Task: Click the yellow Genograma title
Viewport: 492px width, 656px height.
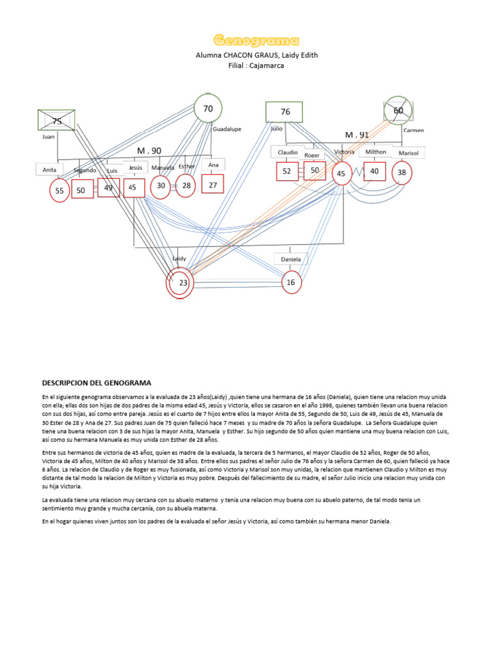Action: [x=256, y=41]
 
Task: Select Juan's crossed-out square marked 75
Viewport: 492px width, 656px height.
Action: [x=56, y=121]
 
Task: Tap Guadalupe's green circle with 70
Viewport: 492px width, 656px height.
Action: [x=208, y=110]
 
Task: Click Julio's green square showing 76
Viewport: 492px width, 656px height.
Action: [x=284, y=111]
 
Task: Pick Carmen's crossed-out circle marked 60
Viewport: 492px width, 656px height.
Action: [x=398, y=111]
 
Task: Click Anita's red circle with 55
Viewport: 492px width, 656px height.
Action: [x=60, y=190]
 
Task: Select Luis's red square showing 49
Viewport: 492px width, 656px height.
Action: [x=108, y=188]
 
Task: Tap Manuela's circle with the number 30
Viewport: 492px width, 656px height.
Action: [x=161, y=186]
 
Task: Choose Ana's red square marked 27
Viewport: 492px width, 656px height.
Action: [x=213, y=184]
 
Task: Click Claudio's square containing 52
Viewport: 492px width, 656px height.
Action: [x=287, y=171]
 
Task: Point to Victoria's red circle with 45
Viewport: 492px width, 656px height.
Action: [x=341, y=174]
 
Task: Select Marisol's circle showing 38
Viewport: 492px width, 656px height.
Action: [x=402, y=172]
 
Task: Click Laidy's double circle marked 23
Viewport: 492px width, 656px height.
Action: [x=180, y=283]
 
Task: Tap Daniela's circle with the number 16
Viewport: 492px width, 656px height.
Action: [x=291, y=283]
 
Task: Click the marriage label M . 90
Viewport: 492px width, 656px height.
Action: [x=149, y=151]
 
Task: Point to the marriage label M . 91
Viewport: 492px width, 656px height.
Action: [x=357, y=135]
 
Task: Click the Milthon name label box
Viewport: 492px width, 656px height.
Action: [x=375, y=152]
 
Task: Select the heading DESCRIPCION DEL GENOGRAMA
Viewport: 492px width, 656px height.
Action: [x=97, y=382]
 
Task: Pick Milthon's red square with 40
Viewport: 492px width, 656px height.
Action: [x=374, y=171]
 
